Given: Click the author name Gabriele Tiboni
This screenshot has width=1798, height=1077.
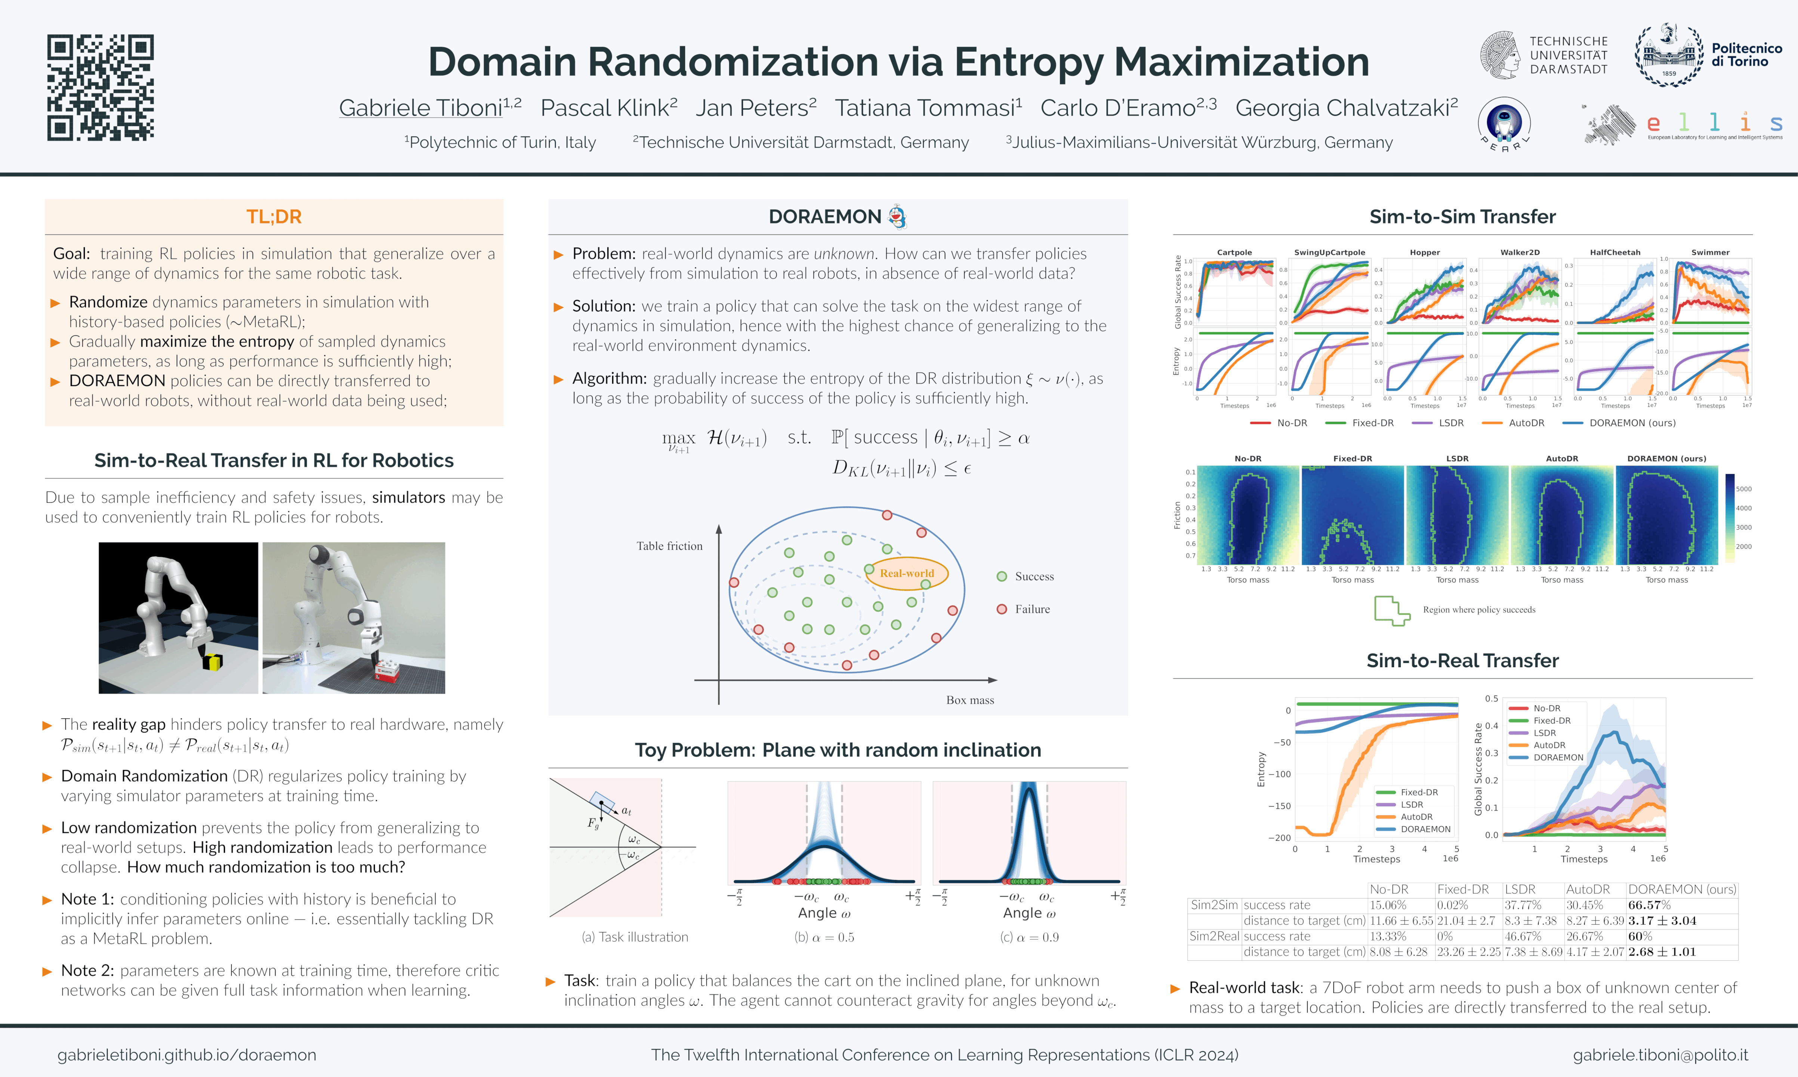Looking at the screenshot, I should (421, 108).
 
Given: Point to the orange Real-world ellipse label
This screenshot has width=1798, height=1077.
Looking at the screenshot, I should (907, 573).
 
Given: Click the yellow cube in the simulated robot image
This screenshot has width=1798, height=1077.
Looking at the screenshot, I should (213, 661).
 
